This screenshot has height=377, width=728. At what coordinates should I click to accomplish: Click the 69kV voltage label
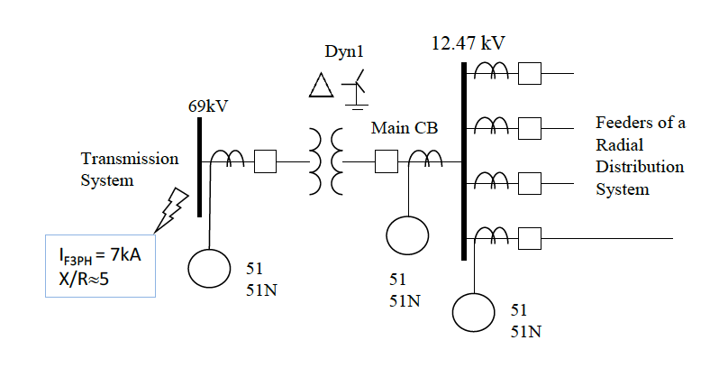(x=208, y=106)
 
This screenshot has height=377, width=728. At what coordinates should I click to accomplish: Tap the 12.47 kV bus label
(x=468, y=43)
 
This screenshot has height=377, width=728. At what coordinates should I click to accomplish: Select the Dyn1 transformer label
(x=344, y=51)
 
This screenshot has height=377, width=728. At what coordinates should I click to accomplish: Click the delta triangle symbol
(x=321, y=86)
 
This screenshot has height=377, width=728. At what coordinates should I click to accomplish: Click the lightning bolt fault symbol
(x=170, y=209)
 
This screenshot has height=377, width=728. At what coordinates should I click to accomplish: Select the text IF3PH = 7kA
(x=99, y=255)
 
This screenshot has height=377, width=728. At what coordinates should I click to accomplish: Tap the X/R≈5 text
(x=84, y=279)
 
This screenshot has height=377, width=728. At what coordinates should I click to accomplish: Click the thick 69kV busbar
(x=200, y=167)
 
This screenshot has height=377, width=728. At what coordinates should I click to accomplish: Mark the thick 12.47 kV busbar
(x=464, y=161)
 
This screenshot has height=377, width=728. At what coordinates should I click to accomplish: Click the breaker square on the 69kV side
(x=265, y=161)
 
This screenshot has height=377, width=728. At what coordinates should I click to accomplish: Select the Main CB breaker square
(x=387, y=161)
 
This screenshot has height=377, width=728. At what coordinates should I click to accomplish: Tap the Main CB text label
(x=405, y=128)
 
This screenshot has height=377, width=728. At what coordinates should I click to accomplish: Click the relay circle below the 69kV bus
(x=209, y=268)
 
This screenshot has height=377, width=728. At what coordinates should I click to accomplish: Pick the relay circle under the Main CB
(x=407, y=235)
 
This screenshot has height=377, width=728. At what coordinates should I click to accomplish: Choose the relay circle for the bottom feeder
(x=474, y=312)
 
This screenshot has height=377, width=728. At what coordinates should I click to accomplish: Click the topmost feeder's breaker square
(x=530, y=73)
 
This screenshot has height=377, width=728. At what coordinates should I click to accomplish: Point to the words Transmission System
(x=130, y=170)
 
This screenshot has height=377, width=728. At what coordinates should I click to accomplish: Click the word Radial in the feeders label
(x=619, y=144)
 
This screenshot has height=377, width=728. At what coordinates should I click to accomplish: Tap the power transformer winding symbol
(x=326, y=161)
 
